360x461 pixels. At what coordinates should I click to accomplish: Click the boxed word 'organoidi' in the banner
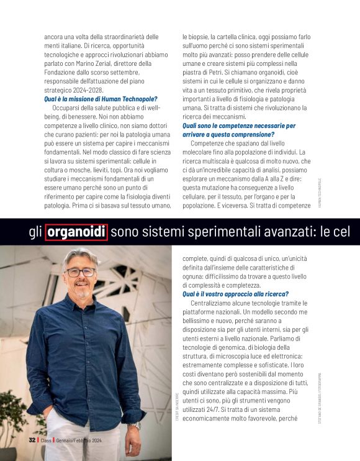76,232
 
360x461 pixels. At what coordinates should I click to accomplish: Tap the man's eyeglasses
81,272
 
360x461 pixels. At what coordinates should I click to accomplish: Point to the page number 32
32,440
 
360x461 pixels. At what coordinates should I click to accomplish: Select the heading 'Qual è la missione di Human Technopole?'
101,99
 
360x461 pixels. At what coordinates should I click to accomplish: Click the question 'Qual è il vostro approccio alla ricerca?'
235,294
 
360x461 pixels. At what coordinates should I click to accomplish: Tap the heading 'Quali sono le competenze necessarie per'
238,126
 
